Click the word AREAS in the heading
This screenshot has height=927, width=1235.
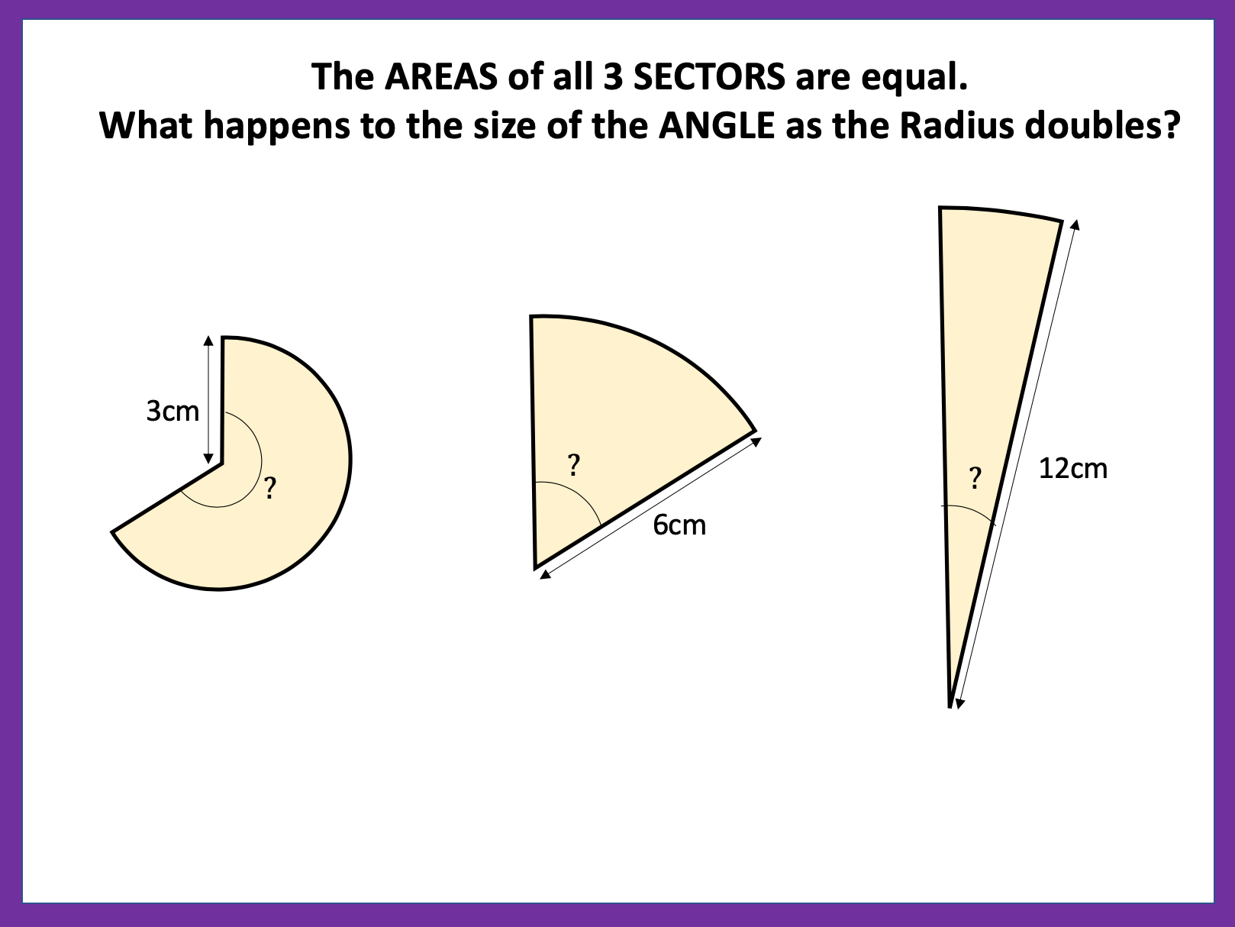[x=441, y=76]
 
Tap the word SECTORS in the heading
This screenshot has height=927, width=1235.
[x=709, y=76]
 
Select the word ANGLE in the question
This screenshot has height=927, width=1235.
[x=717, y=125]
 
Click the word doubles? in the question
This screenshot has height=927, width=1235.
[x=1102, y=125]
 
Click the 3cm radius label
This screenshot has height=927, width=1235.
[x=173, y=411]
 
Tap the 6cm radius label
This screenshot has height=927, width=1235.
[x=679, y=525]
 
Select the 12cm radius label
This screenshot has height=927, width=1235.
[x=1073, y=468]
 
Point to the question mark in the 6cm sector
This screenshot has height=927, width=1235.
[x=573, y=465]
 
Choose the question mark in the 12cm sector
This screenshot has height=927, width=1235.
[x=975, y=478]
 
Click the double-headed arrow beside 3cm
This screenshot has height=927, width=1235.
[x=208, y=399]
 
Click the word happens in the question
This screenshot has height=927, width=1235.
[x=275, y=127]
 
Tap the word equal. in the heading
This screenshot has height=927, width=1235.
[x=914, y=78]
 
